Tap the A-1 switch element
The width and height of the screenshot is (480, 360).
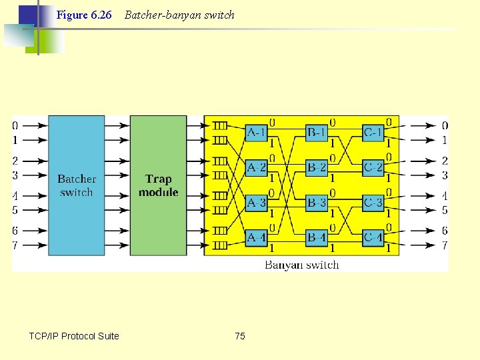[257, 133]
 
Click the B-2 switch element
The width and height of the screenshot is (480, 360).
[317, 167]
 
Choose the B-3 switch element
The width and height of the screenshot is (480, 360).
[317, 202]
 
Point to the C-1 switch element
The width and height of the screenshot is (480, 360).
[373, 133]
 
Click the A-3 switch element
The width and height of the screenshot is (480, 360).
[257, 202]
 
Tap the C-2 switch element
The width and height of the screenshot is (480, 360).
[373, 167]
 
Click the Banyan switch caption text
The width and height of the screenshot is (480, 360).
[301, 265]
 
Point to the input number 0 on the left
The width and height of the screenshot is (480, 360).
[15, 126]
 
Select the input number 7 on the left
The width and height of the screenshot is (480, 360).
[15, 246]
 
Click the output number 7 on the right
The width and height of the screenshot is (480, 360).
[445, 246]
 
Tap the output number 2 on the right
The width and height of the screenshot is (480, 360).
[445, 161]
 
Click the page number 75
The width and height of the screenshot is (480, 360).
[240, 336]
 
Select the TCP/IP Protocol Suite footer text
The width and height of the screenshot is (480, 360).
[74, 336]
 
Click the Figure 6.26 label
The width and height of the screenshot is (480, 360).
[84, 15]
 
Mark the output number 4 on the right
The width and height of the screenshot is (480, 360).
[445, 196]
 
